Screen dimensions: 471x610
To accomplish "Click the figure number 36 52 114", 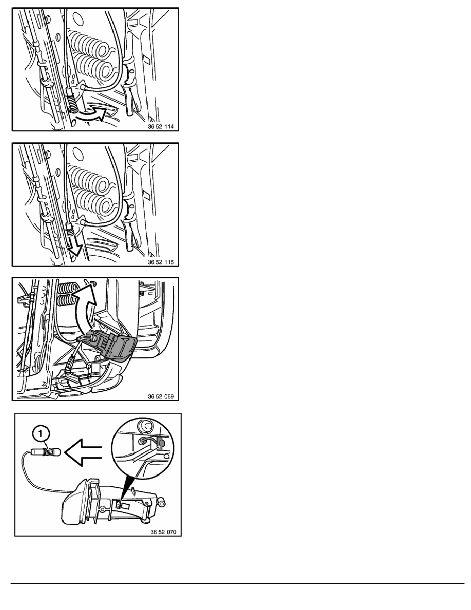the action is tap(161, 126).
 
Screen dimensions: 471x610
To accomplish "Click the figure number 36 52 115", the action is tap(161, 262).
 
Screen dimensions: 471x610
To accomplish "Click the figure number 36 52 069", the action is tap(161, 396).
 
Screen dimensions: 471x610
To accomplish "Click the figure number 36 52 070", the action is tap(163, 532).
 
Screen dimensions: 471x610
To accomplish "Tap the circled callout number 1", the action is tap(42, 433).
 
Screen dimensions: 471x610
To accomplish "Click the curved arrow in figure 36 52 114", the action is tap(92, 115).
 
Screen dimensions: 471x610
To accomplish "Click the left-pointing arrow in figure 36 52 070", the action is tap(83, 452).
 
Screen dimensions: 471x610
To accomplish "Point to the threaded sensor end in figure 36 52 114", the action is tap(73, 103).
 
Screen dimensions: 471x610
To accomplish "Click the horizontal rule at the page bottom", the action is tap(238, 583).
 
